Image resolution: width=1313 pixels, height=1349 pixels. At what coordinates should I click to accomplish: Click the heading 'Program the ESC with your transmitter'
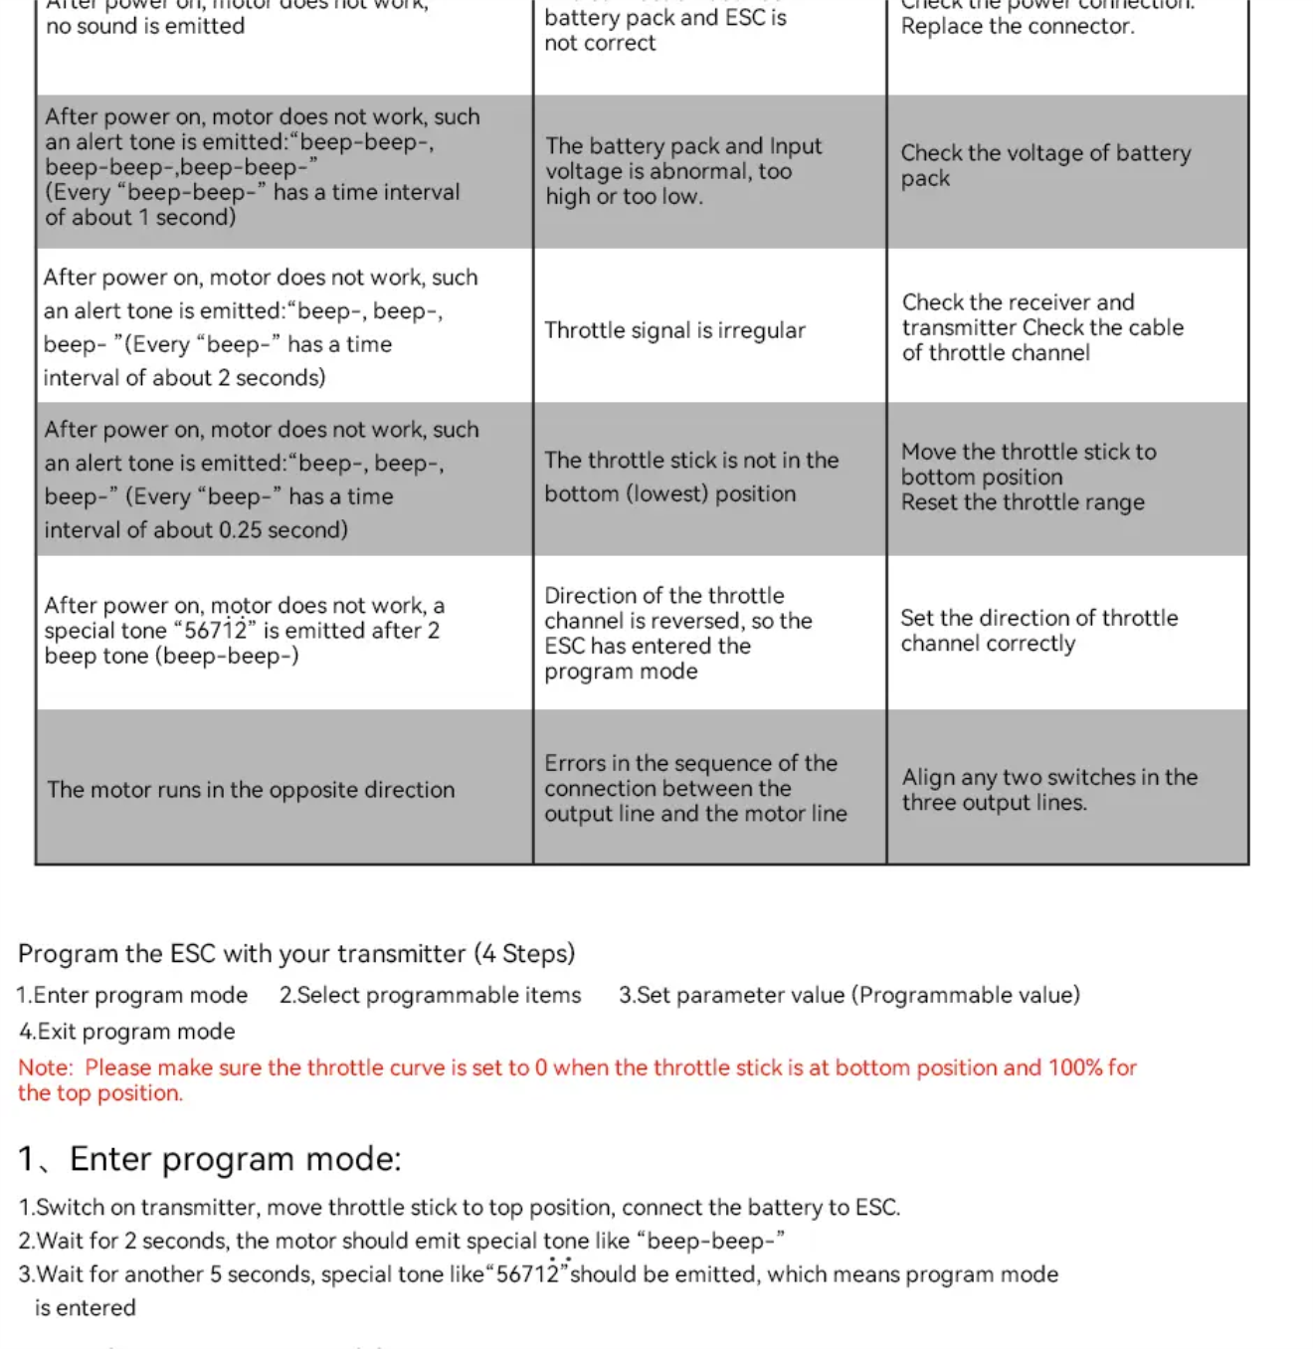[x=296, y=954]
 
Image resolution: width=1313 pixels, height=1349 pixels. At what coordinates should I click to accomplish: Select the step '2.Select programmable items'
[x=430, y=996]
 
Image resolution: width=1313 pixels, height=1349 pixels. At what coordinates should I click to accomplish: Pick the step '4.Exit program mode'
[x=127, y=1032]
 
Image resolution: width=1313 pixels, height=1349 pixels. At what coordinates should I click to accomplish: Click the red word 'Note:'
[x=45, y=1068]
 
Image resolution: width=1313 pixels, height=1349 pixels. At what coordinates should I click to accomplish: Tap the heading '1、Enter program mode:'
[x=210, y=1159]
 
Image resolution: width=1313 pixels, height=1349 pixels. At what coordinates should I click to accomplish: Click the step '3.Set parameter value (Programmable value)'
[x=848, y=996]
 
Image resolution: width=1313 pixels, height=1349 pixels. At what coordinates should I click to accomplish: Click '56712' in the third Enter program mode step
[x=527, y=1275]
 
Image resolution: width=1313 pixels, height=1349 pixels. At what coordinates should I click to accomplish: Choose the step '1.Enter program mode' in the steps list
[x=132, y=996]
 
